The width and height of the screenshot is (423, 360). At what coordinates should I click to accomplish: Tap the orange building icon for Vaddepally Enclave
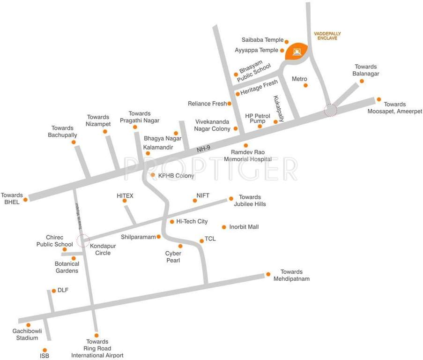(x=296, y=51)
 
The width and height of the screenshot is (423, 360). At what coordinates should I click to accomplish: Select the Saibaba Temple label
(x=262, y=40)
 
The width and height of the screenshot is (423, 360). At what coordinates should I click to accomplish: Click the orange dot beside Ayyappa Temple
(x=282, y=50)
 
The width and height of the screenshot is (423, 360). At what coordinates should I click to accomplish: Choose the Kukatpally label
(x=278, y=109)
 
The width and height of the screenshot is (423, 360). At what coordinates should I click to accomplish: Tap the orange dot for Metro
(x=305, y=85)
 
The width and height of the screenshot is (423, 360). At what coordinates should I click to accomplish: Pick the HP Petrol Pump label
(x=258, y=118)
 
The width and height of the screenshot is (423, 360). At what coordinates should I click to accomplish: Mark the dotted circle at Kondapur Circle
(x=82, y=241)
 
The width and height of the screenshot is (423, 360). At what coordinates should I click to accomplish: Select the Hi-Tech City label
(x=192, y=221)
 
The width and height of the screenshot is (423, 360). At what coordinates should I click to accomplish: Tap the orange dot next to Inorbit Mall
(x=224, y=227)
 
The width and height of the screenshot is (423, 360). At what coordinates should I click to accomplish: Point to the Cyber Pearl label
(x=173, y=257)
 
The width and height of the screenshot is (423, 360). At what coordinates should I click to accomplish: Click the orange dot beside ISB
(x=45, y=350)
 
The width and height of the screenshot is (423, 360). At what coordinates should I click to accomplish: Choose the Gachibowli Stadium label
(x=27, y=334)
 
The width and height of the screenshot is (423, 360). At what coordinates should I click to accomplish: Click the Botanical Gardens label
(x=67, y=267)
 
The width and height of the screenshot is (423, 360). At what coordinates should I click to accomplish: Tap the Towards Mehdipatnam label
(x=292, y=275)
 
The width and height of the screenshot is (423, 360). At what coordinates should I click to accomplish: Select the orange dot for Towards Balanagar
(x=362, y=81)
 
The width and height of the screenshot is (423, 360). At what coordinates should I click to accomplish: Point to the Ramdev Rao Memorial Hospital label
(x=248, y=156)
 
